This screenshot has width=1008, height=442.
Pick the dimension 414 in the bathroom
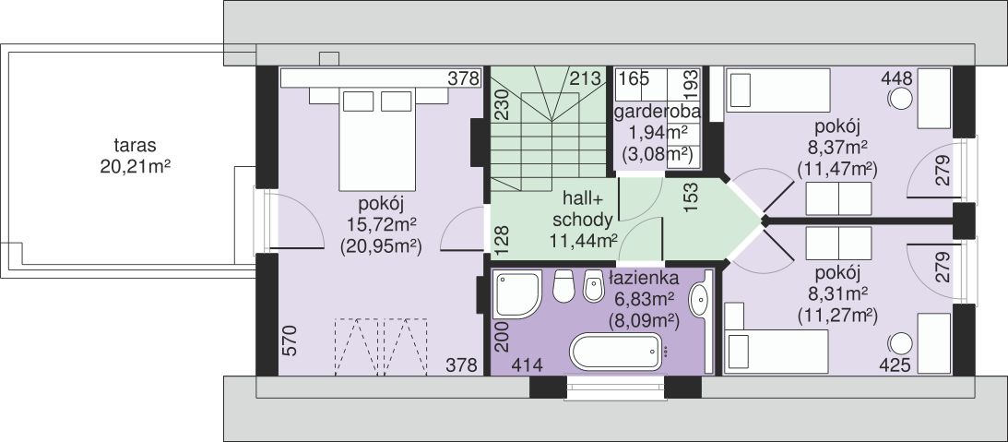pos(528,365)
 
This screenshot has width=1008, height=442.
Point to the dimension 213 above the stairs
pos(584,78)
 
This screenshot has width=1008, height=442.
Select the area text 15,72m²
pos(380,224)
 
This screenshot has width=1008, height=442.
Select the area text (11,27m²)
pos(837,315)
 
